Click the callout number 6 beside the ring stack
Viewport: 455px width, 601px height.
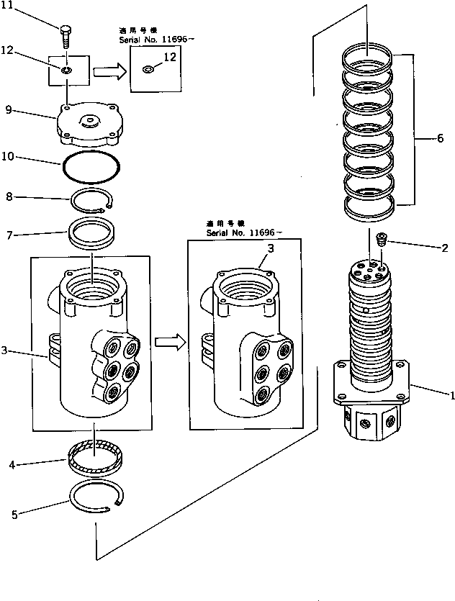[439, 140]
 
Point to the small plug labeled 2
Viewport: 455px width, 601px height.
[383, 237]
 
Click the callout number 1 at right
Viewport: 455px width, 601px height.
[451, 395]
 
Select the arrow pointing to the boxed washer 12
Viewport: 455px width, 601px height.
[108, 71]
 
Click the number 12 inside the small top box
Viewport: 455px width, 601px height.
[170, 58]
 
